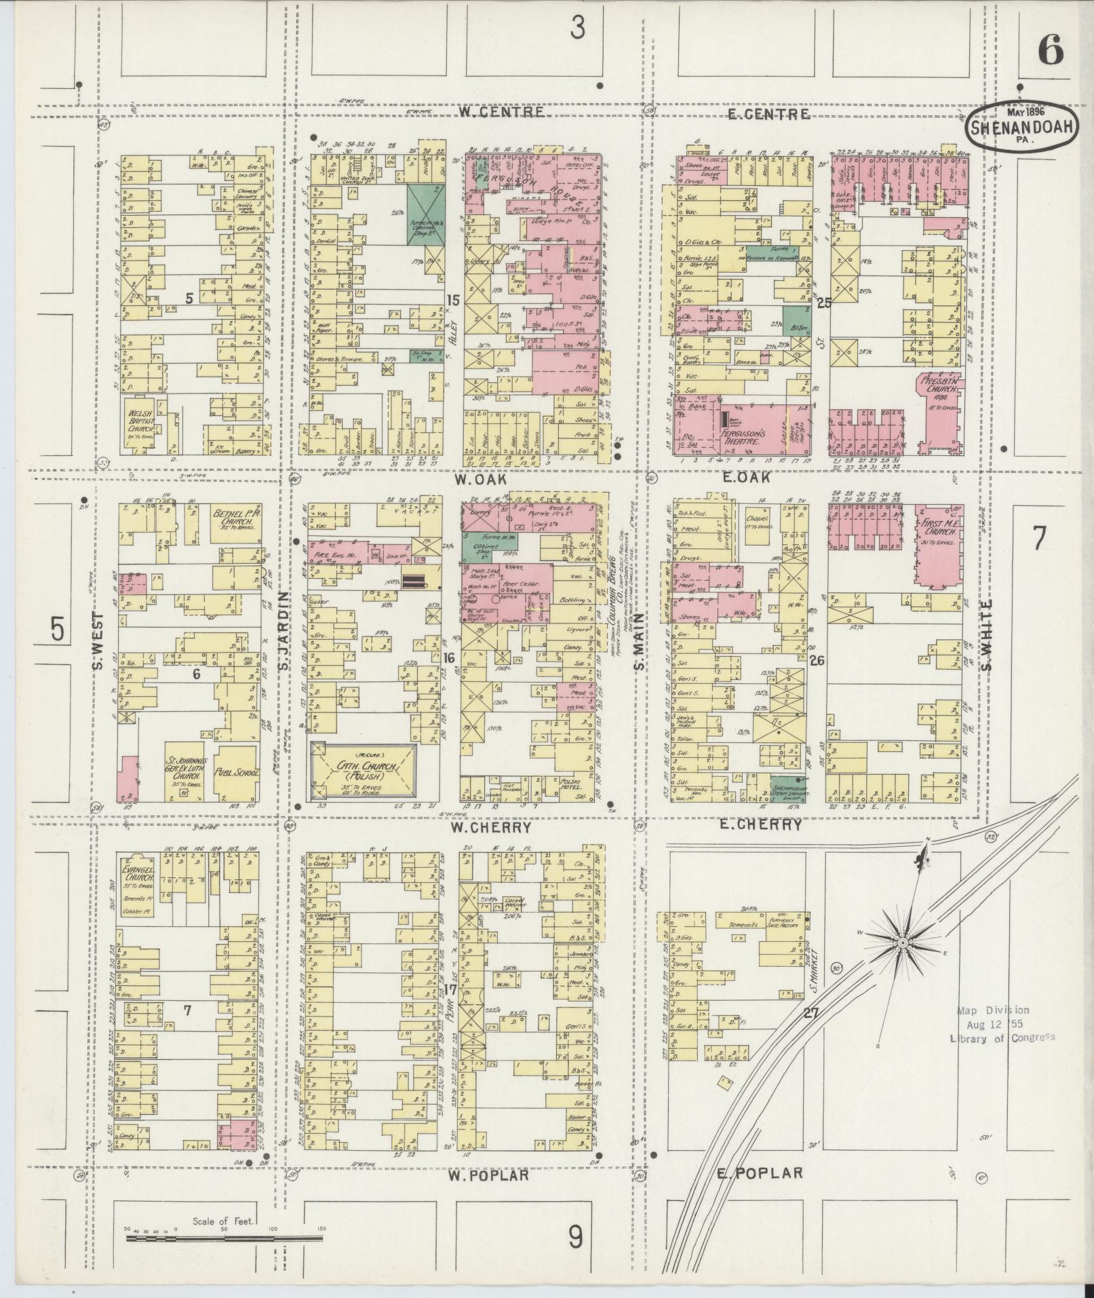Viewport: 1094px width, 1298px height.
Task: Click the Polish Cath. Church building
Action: pyautogui.click(x=363, y=771)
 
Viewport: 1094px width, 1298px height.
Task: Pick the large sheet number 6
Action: pyautogui.click(x=1050, y=51)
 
